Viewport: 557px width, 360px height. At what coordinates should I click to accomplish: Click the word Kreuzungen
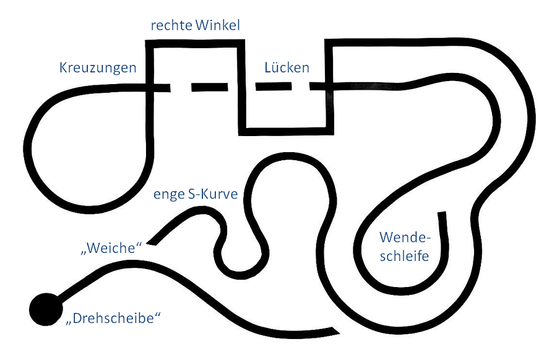pyautogui.click(x=98, y=67)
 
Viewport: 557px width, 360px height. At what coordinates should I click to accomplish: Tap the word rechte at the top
pyautogui.click(x=171, y=25)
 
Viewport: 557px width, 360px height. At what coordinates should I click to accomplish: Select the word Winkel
pyautogui.click(x=217, y=25)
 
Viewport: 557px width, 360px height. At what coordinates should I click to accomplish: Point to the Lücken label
pyautogui.click(x=287, y=67)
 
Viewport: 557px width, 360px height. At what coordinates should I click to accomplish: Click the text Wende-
pyautogui.click(x=405, y=238)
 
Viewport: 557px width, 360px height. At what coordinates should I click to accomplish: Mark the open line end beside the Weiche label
pyautogui.click(x=149, y=242)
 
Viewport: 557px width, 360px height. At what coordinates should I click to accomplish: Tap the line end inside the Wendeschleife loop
pyautogui.click(x=443, y=215)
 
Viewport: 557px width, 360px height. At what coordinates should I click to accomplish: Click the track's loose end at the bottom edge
pyautogui.click(x=338, y=332)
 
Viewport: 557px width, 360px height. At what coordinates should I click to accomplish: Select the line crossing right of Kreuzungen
pyautogui.click(x=150, y=88)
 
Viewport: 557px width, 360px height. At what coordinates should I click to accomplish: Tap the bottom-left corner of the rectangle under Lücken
pyautogui.click(x=243, y=131)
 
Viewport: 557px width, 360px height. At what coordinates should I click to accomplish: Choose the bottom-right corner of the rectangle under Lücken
pyautogui.click(x=329, y=131)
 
